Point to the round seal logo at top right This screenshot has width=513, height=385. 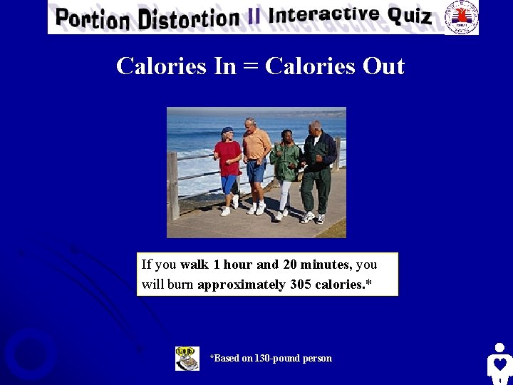click(x=461, y=16)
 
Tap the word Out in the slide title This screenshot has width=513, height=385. click(x=383, y=66)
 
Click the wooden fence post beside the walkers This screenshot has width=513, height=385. click(x=173, y=185)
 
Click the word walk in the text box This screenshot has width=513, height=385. click(x=195, y=265)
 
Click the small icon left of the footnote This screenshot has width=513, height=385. click(x=187, y=358)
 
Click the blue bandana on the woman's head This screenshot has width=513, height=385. click(x=227, y=130)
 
